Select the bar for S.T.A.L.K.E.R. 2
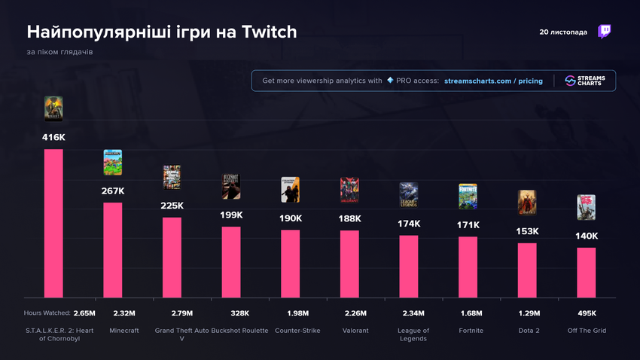[x=53, y=223]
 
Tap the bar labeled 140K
[x=587, y=273]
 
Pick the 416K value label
[x=53, y=137]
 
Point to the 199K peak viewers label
[x=231, y=215]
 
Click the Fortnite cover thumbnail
[x=468, y=197]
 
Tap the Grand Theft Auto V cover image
[x=172, y=178]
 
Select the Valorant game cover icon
[x=349, y=190]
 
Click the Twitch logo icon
[x=604, y=32]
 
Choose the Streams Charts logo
[x=586, y=81]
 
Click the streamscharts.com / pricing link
[x=493, y=81]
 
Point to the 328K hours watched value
[x=231, y=313]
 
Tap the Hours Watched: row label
[x=47, y=313]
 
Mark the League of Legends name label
[x=413, y=334]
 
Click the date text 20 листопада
[x=563, y=32]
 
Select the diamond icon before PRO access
[x=390, y=81]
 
